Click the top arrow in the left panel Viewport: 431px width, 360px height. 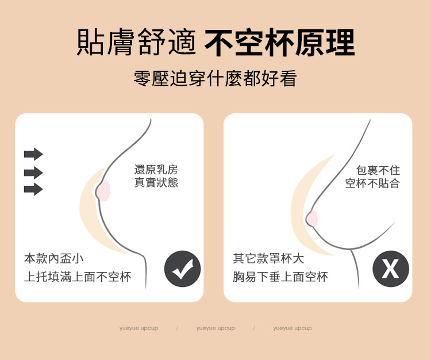[33, 154]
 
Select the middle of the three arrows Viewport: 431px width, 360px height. [33, 173]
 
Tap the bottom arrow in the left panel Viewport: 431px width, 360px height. [33, 189]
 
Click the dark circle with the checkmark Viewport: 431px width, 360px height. [183, 269]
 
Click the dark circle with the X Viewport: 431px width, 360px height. [391, 269]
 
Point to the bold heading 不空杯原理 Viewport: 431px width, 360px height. [280, 42]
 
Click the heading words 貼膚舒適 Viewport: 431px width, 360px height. [136, 42]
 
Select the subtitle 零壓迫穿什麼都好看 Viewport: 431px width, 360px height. [215, 78]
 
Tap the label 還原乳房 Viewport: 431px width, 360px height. [156, 170]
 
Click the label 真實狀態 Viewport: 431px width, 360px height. [156, 182]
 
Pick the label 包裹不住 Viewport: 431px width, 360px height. [378, 171]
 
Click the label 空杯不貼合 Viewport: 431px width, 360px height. [373, 183]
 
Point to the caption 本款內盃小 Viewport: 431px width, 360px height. [54, 259]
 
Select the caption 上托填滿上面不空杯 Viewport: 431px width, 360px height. [78, 277]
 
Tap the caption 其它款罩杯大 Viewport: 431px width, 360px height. [268, 259]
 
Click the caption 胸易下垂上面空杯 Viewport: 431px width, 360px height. [280, 277]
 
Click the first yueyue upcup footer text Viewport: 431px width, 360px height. [138, 328]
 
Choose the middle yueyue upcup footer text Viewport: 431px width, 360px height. [215, 328]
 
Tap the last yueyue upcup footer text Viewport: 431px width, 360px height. [293, 328]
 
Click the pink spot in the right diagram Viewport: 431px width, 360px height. [312, 219]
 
